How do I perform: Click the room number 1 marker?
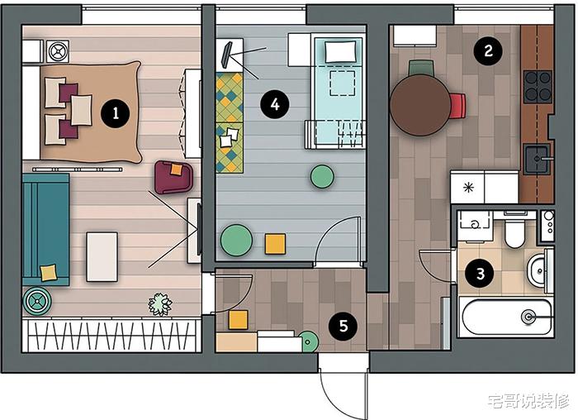(116, 112)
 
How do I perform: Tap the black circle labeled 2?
(488, 50)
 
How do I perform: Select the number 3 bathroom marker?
(480, 274)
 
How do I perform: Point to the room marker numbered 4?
(275, 104)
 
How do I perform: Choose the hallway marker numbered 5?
(343, 326)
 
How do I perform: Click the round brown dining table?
(420, 105)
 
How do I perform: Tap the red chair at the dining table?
(457, 107)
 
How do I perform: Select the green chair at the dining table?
(421, 68)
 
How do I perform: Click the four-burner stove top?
(538, 87)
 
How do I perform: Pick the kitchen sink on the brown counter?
(538, 159)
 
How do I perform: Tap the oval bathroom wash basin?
(538, 271)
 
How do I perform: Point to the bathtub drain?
(528, 317)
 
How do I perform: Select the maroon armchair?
(173, 177)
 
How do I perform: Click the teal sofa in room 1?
(45, 230)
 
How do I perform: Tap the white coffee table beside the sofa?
(102, 257)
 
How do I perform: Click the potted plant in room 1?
(160, 304)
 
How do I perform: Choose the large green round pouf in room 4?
(237, 241)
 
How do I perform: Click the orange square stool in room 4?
(275, 244)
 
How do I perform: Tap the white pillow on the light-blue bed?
(340, 51)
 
